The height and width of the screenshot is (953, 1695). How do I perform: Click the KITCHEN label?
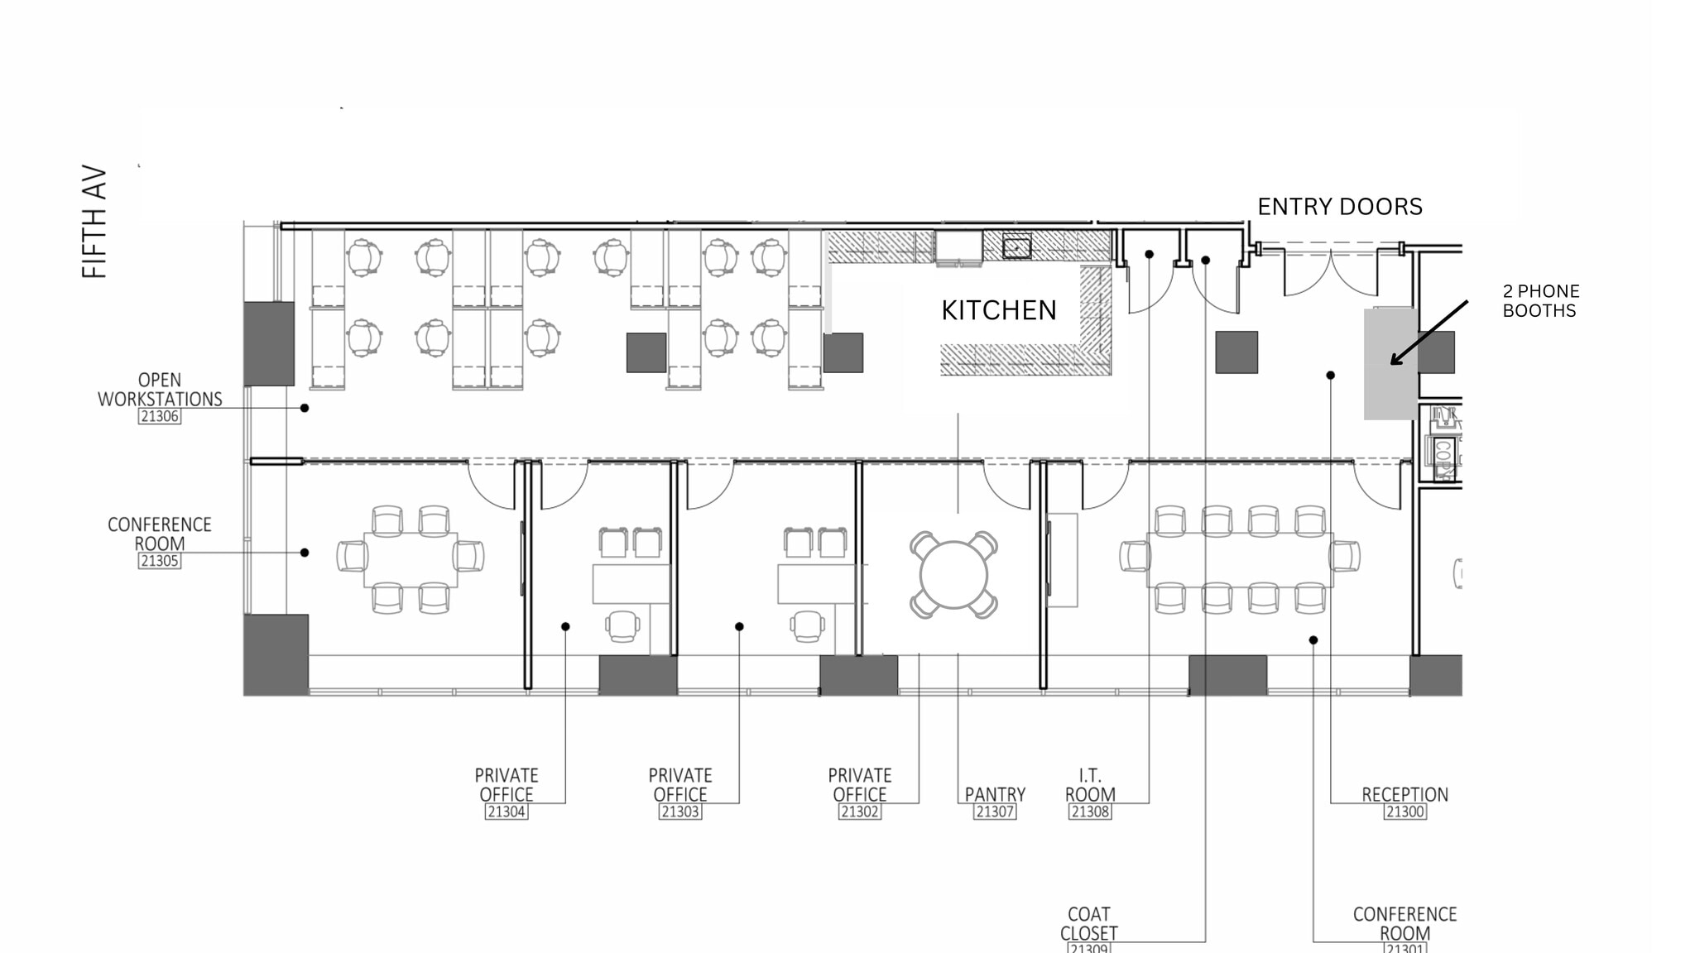pyautogui.click(x=998, y=310)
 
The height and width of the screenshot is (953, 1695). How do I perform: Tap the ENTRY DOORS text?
pyautogui.click(x=1339, y=207)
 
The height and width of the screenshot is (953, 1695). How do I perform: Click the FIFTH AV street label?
pyautogui.click(x=94, y=222)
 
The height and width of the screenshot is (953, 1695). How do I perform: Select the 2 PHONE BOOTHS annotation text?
pyautogui.click(x=1540, y=301)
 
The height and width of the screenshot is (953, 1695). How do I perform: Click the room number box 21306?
pyautogui.click(x=160, y=416)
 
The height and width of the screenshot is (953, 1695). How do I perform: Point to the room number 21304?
pyautogui.click(x=506, y=812)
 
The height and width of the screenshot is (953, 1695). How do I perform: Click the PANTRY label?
pyautogui.click(x=994, y=794)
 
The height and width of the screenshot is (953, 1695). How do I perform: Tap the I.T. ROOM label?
pyautogui.click(x=1089, y=785)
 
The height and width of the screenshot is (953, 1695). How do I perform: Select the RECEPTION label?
pyautogui.click(x=1404, y=794)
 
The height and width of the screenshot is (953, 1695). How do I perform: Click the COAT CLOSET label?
pyautogui.click(x=1088, y=923)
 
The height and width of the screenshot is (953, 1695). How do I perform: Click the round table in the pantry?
pyautogui.click(x=953, y=575)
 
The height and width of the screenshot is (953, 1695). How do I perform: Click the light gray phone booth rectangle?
pyautogui.click(x=1390, y=364)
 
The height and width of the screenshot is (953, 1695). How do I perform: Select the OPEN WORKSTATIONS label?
pyautogui.click(x=160, y=390)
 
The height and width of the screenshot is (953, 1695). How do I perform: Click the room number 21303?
pyautogui.click(x=679, y=812)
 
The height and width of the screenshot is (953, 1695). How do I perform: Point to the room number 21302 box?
pyautogui.click(x=859, y=812)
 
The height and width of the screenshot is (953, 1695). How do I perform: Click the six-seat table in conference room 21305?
pyautogui.click(x=411, y=560)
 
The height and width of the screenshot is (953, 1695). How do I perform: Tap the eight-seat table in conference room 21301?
pyautogui.click(x=1239, y=560)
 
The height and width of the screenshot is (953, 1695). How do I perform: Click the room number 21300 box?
pyautogui.click(x=1404, y=812)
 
